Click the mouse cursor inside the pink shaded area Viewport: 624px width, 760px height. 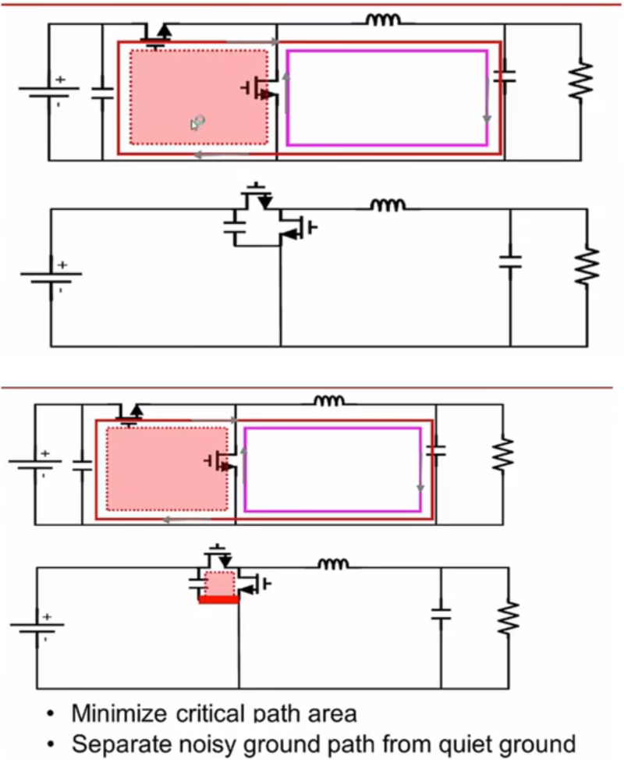click(197, 123)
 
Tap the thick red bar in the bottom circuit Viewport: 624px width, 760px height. click(218, 599)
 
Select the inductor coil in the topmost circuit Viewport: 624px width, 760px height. click(384, 20)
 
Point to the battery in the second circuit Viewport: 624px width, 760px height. click(51, 276)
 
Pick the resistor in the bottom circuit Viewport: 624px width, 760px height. click(507, 616)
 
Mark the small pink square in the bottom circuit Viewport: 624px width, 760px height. click(218, 583)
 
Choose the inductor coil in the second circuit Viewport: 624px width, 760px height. click(388, 205)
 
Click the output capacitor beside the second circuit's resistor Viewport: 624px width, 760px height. click(510, 260)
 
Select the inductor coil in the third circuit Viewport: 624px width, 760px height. click(328, 401)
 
